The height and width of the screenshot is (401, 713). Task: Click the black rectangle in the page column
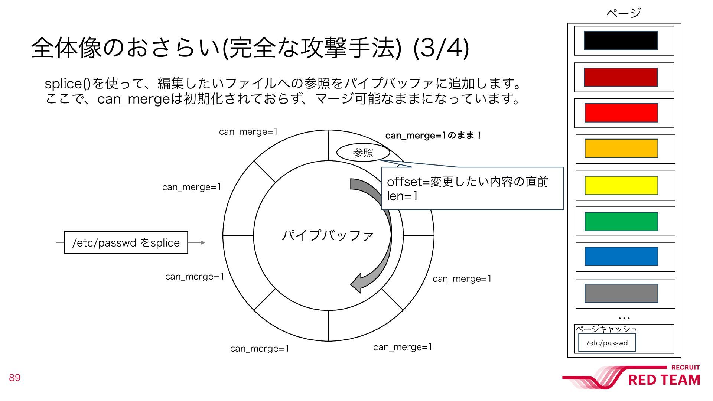621,40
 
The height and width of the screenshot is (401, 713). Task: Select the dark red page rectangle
621,77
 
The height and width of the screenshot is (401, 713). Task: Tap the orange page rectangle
621,149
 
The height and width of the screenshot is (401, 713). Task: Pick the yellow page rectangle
621,185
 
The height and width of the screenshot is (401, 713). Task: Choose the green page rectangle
621,222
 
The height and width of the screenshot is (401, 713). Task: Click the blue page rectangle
621,256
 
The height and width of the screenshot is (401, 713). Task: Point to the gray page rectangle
621,293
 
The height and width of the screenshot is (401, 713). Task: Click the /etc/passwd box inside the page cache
607,343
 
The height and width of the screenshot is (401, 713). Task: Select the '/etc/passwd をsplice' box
126,242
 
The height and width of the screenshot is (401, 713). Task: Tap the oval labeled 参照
363,153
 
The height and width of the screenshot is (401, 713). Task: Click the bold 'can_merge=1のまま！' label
433,136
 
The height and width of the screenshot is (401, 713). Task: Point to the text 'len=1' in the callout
403,196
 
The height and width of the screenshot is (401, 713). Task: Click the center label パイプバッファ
328,235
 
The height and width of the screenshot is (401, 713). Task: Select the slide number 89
14,378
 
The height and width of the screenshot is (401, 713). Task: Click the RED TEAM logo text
664,380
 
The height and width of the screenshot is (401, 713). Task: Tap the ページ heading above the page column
624,13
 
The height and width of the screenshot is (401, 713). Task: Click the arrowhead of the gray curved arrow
357,284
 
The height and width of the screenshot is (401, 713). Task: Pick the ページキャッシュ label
606,329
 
